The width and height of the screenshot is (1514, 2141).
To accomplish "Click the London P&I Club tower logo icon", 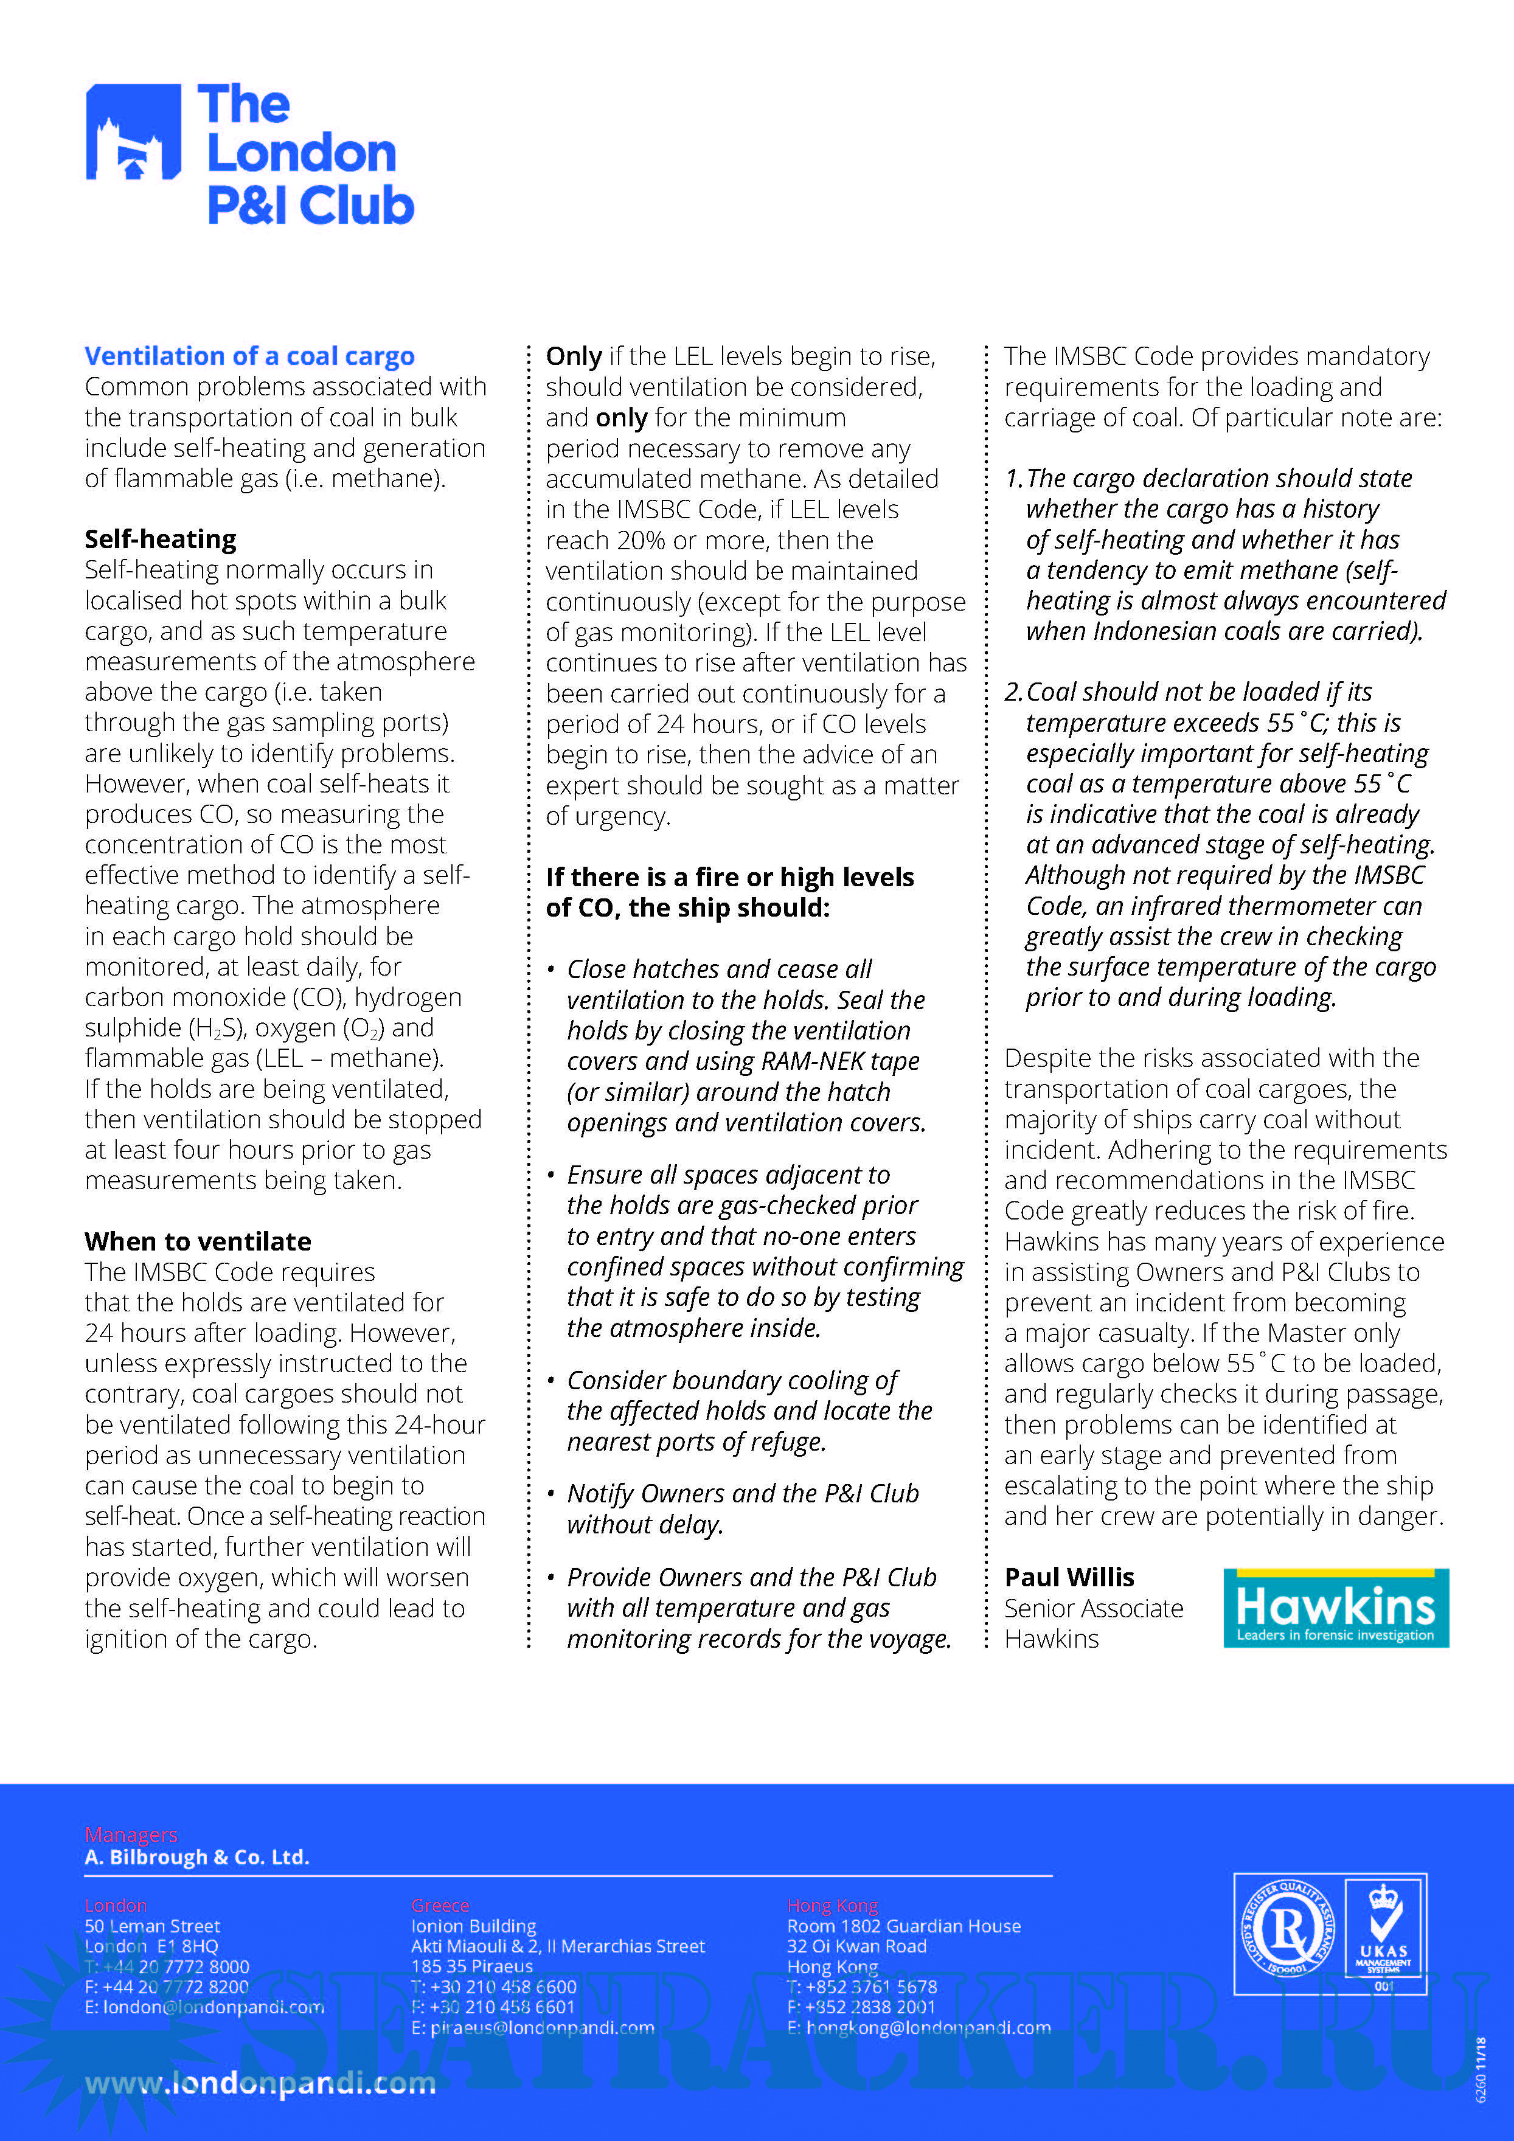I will [x=133, y=131].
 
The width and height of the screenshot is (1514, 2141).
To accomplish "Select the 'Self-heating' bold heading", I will [x=161, y=539].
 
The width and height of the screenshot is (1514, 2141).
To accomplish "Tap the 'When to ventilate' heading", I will [x=198, y=1241].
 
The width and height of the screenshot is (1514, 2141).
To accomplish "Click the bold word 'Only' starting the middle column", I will [x=574, y=356].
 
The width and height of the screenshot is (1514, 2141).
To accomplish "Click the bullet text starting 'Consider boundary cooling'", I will [x=732, y=1380].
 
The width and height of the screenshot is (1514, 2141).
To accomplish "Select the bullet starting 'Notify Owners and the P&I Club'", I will [x=742, y=1493].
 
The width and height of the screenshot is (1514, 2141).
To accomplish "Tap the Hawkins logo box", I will [x=1335, y=1608].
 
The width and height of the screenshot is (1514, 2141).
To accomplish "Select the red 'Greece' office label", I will [x=440, y=1905].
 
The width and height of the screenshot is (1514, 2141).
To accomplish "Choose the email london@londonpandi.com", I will [x=204, y=2007].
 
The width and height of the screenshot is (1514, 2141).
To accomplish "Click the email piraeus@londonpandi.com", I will [x=532, y=2027].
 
